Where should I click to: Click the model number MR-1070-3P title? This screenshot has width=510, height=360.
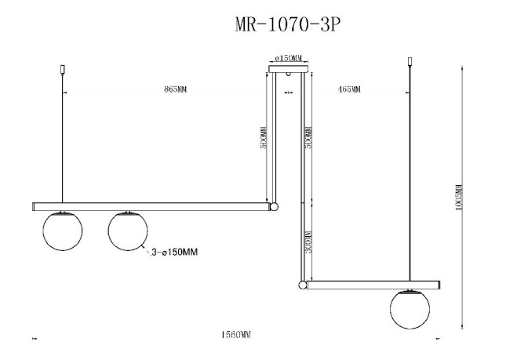pos(287,24)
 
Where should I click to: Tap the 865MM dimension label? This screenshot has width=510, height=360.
pos(175,89)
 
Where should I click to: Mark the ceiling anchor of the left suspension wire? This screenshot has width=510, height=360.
pos(62,70)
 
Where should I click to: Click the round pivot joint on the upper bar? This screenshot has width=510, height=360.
pos(274,207)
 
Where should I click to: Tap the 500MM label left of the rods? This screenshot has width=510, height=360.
pos(264,138)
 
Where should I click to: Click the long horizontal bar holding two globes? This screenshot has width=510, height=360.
pos(149,207)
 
